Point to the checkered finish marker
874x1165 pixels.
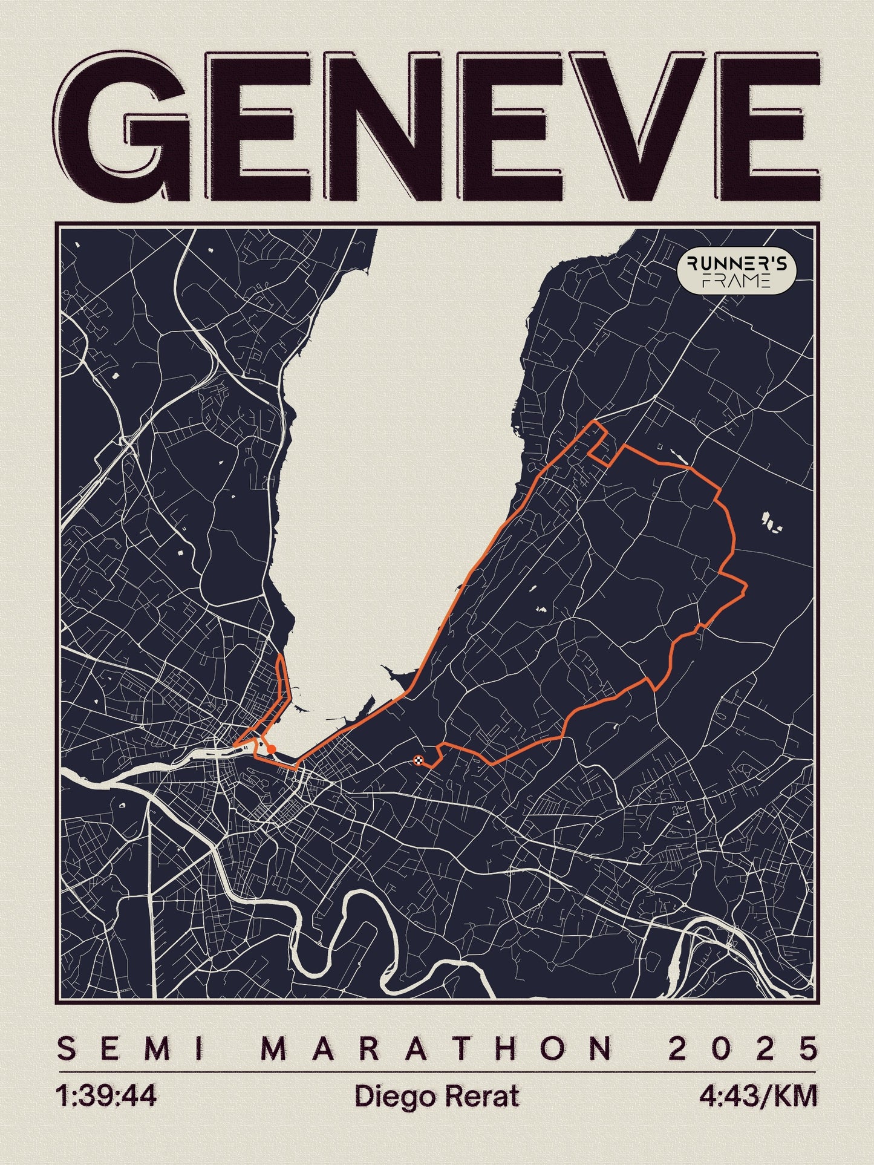tap(418, 760)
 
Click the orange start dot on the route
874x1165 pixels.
tap(272, 749)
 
